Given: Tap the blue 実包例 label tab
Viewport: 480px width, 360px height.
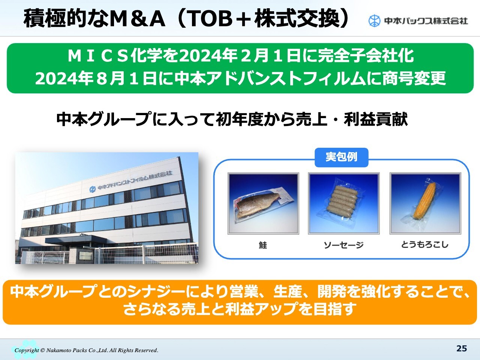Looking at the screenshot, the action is (x=341, y=157).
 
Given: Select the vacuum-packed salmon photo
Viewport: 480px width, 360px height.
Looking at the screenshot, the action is (x=263, y=204).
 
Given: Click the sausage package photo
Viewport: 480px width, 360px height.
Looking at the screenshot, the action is (x=344, y=204).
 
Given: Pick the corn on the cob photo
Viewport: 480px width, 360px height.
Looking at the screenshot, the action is (x=425, y=204).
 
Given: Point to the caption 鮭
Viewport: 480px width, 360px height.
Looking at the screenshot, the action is (x=262, y=245).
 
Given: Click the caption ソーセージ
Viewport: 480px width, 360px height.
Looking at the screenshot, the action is (x=343, y=245).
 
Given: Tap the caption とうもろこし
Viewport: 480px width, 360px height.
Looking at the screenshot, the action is (x=424, y=244).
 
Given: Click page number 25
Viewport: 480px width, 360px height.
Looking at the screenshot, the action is (x=461, y=348).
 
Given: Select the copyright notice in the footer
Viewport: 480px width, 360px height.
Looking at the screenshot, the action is (x=86, y=350).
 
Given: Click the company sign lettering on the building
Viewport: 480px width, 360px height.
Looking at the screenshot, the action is (x=134, y=180).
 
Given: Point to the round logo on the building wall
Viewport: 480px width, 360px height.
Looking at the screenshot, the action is (x=93, y=189).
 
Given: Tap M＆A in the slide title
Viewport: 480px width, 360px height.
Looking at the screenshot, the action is (x=137, y=19).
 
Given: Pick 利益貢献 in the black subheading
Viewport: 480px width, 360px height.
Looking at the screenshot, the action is (x=376, y=119).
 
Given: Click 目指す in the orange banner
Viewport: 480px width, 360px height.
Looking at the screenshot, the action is (x=334, y=309).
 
